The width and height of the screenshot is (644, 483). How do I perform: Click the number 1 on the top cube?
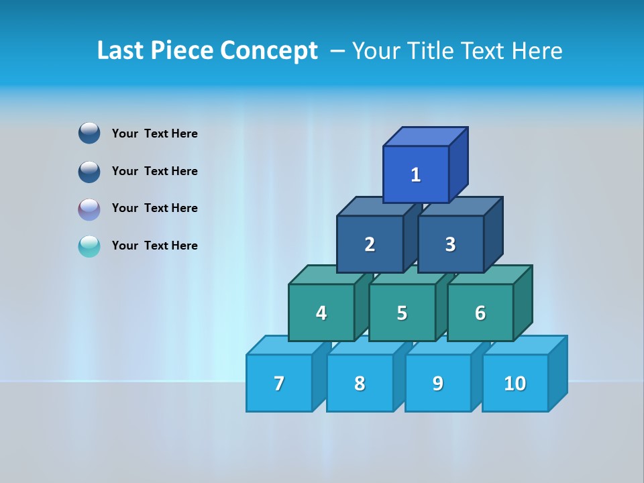(416, 175)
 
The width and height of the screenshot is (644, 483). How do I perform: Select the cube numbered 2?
(370, 245)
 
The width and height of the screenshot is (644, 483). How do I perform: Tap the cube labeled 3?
(450, 245)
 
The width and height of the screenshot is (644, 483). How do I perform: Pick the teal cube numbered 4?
(321, 313)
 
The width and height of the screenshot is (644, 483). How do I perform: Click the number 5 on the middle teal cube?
(402, 313)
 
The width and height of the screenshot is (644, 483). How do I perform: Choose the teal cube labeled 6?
(480, 313)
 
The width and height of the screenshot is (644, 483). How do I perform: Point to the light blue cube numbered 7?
(279, 383)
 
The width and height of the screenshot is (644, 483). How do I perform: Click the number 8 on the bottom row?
(360, 383)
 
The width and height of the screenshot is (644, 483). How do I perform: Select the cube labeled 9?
(438, 383)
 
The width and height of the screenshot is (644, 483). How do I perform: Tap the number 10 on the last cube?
(515, 383)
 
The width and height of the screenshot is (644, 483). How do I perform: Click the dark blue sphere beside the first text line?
(89, 133)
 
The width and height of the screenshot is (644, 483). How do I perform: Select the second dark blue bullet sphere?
(89, 171)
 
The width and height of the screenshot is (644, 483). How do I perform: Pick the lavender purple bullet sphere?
(89, 209)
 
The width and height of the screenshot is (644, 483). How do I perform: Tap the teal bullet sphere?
(89, 246)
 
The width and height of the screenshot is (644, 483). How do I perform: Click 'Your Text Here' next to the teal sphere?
(155, 246)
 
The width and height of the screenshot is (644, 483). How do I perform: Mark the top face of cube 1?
(425, 137)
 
